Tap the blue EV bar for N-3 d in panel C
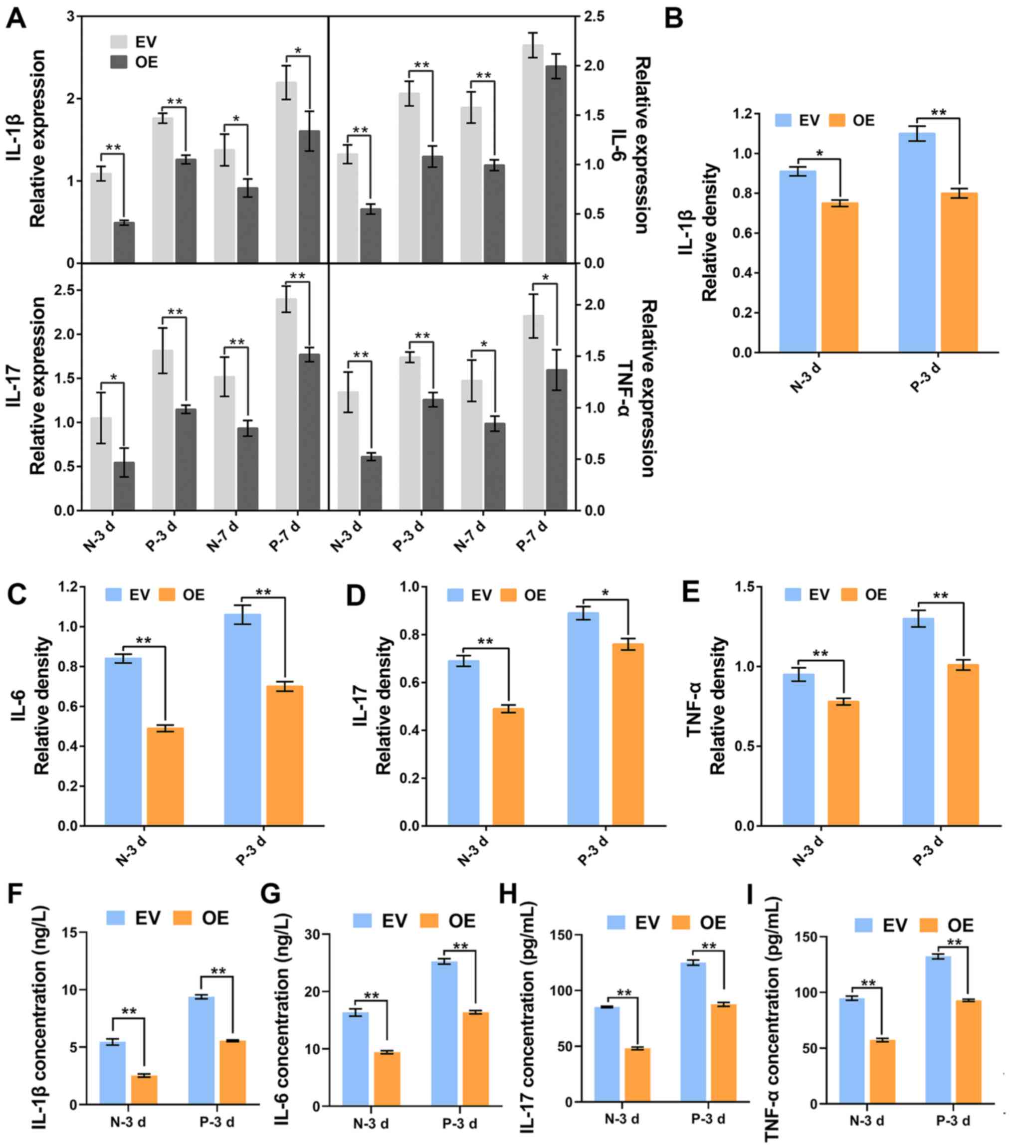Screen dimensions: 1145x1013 [123, 741]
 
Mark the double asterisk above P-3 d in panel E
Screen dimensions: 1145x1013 [940, 595]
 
